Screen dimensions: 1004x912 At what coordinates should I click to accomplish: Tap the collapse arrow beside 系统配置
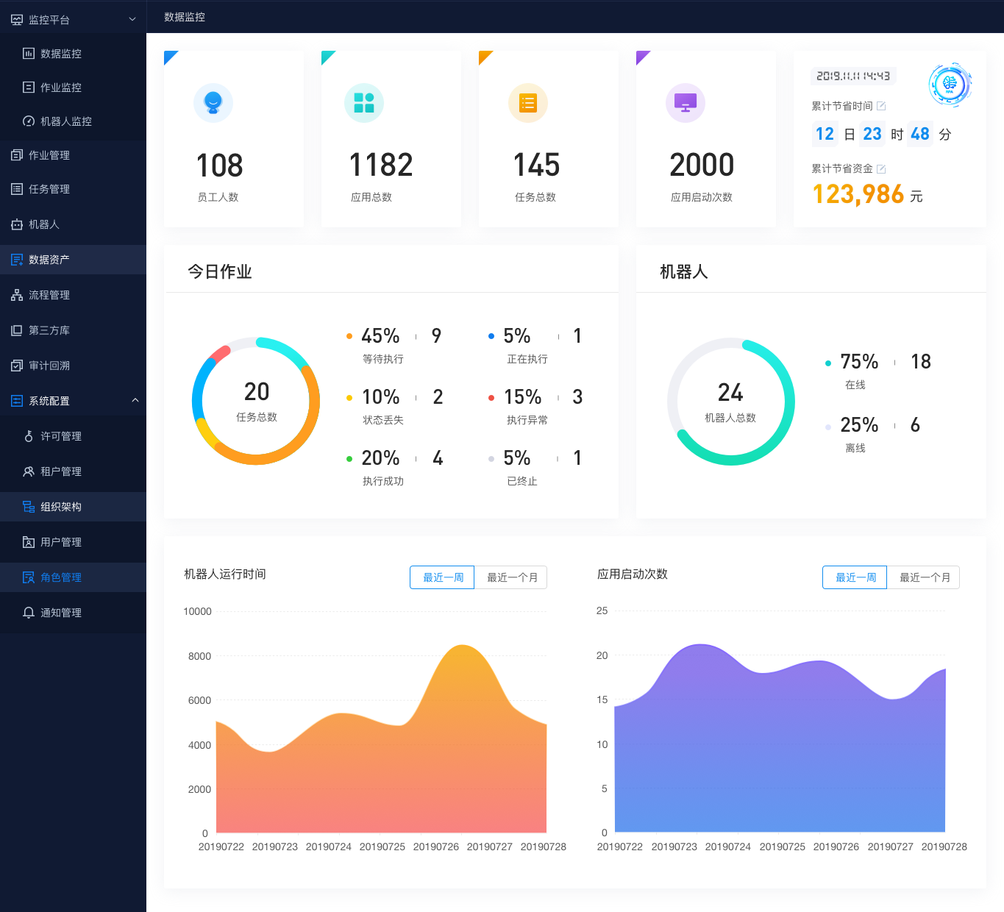pyautogui.click(x=135, y=400)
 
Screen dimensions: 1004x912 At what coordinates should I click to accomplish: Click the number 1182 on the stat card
pyautogui.click(x=381, y=165)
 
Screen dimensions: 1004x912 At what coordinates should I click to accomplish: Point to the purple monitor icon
pyautogui.click(x=686, y=103)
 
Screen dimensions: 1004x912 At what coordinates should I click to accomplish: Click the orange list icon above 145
pyautogui.click(x=528, y=103)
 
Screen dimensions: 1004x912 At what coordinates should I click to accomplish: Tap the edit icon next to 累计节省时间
pyautogui.click(x=881, y=106)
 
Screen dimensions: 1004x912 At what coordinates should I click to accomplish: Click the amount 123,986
pyautogui.click(x=858, y=194)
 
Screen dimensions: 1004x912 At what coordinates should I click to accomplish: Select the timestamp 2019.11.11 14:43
pyautogui.click(x=853, y=76)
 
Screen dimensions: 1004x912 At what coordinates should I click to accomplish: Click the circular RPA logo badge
pyautogui.click(x=950, y=84)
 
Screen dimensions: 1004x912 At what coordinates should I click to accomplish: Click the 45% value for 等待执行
pyautogui.click(x=380, y=336)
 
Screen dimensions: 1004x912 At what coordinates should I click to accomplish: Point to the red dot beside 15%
pyautogui.click(x=491, y=398)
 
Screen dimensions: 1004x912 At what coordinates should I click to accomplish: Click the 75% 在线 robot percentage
pyautogui.click(x=859, y=362)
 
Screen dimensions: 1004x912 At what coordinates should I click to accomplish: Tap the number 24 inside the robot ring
pyautogui.click(x=730, y=393)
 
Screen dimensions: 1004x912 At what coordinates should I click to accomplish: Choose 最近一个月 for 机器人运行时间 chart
pyautogui.click(x=511, y=577)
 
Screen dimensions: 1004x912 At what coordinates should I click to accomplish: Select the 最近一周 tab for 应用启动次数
pyautogui.click(x=855, y=577)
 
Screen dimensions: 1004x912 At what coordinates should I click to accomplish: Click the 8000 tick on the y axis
pyautogui.click(x=199, y=656)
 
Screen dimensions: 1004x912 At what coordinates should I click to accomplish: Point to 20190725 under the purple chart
pyautogui.click(x=783, y=847)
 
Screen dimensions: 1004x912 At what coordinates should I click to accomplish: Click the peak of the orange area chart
pyautogui.click(x=463, y=646)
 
